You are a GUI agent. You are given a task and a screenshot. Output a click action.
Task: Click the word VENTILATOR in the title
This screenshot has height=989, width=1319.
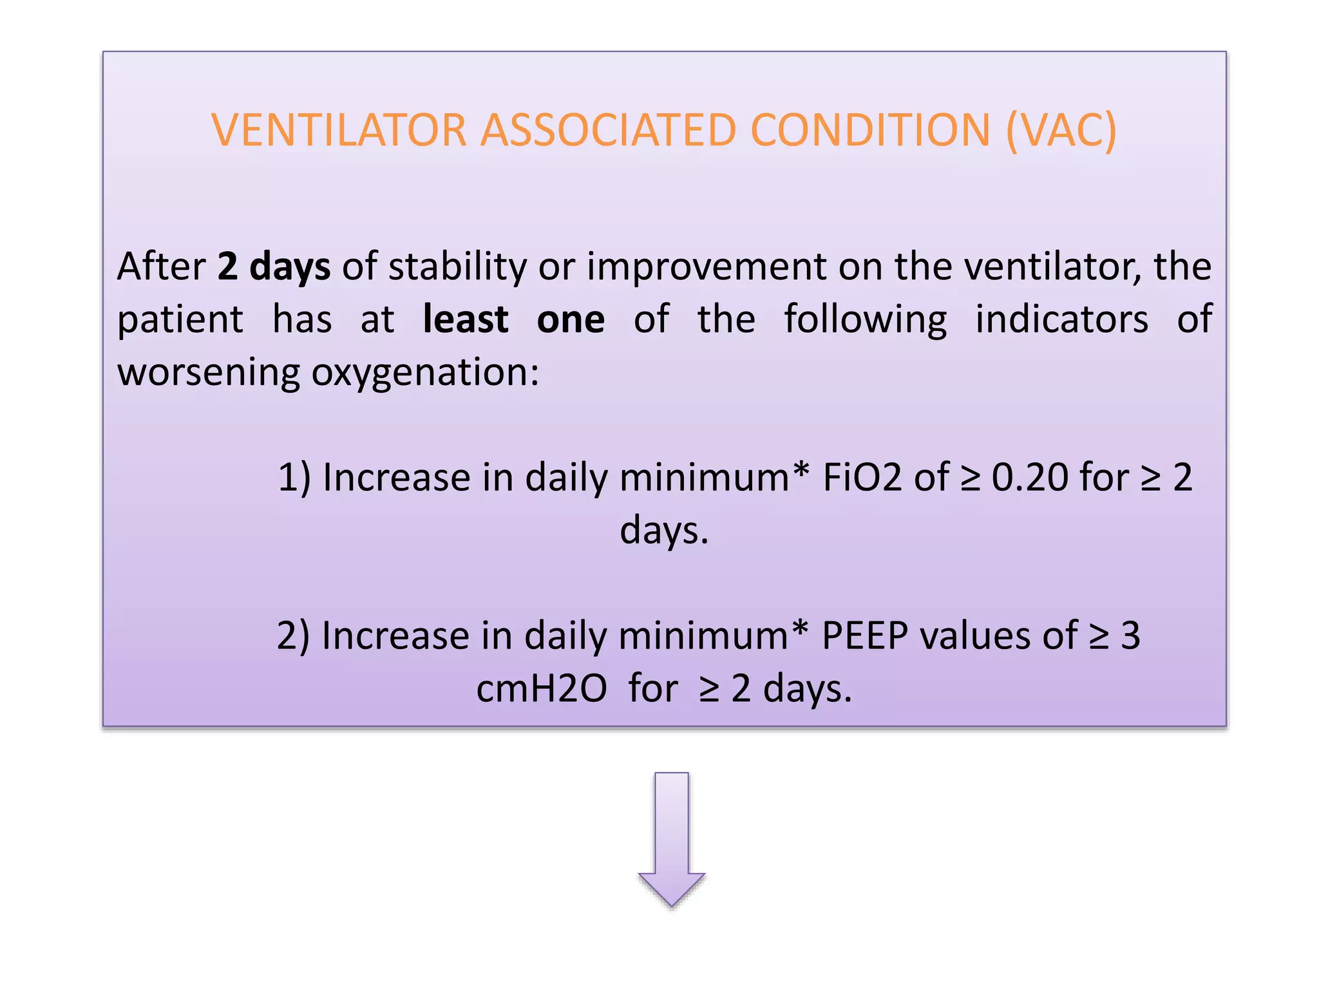click(339, 131)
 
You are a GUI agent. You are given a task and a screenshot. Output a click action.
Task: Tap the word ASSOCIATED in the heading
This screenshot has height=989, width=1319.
click(608, 131)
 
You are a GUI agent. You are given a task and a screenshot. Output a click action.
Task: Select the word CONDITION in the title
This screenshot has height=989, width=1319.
click(870, 131)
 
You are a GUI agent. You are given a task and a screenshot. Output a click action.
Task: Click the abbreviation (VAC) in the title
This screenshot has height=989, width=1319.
click(1061, 131)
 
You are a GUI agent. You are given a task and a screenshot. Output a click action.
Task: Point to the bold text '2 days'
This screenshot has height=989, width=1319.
click(274, 267)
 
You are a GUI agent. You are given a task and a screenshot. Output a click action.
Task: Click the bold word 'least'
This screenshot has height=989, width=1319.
click(466, 319)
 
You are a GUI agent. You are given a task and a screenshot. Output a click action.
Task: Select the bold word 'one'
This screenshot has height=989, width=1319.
click(571, 319)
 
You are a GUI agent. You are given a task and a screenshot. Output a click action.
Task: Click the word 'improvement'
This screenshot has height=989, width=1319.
click(707, 268)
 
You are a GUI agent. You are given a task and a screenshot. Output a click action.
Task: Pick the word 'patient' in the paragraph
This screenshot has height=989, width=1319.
click(180, 321)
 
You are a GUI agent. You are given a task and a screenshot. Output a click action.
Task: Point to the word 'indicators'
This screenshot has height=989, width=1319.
click(1061, 319)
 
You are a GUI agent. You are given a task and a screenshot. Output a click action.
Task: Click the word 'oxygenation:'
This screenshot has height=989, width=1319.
click(425, 373)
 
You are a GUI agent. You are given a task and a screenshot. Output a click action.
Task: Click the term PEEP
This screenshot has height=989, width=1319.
click(865, 636)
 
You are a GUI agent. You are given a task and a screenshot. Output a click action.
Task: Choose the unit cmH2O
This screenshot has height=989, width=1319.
click(542, 689)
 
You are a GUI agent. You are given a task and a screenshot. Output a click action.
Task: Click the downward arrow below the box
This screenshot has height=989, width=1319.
click(672, 837)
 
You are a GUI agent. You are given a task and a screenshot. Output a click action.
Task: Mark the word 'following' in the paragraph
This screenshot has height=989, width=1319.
click(865, 321)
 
